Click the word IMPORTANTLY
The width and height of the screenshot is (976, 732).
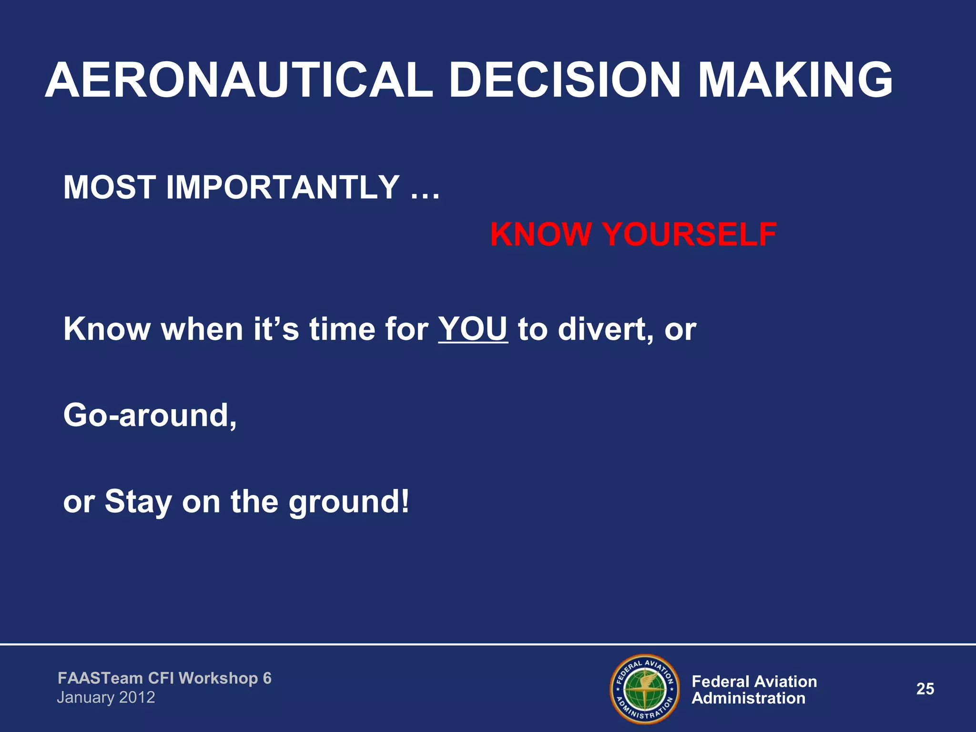pyautogui.click(x=282, y=187)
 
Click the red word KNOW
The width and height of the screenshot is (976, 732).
pyautogui.click(x=540, y=234)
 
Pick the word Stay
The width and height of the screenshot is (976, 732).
pyautogui.click(x=138, y=502)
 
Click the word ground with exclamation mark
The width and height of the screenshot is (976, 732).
pyautogui.click(x=348, y=502)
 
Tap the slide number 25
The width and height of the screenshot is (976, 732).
pyautogui.click(x=925, y=689)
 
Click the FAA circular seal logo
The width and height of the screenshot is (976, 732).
pyautogui.click(x=644, y=689)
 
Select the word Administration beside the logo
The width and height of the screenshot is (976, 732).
pyautogui.click(x=748, y=698)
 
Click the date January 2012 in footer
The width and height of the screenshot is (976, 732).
pyautogui.click(x=106, y=697)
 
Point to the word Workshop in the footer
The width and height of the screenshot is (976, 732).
pyautogui.click(x=218, y=678)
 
